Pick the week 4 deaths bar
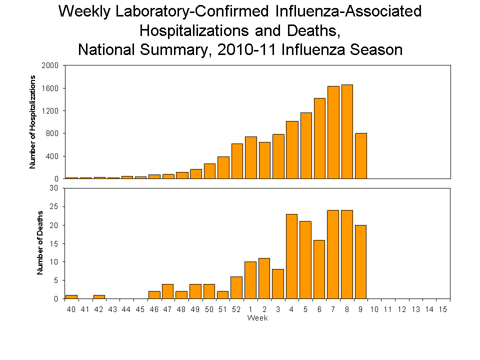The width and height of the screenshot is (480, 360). click(x=291, y=256)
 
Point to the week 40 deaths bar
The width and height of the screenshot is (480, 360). click(x=71, y=297)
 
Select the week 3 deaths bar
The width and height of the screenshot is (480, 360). click(x=278, y=284)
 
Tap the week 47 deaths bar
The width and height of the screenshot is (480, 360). click(x=168, y=291)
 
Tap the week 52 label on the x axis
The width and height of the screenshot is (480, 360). click(x=236, y=310)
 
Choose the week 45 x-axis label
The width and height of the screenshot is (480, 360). click(x=140, y=310)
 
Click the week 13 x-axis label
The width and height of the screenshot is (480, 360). click(x=415, y=310)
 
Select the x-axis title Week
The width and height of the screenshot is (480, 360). click(x=257, y=318)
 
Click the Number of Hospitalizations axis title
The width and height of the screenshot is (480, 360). click(x=32, y=122)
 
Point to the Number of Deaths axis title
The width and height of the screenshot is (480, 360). click(x=40, y=243)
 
